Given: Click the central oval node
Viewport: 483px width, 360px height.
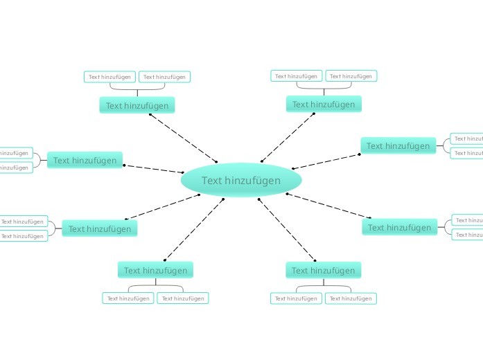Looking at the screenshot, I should click(x=241, y=181).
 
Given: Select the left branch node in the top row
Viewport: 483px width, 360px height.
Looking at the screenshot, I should click(x=137, y=105).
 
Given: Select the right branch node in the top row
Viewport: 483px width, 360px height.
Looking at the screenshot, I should click(x=324, y=105).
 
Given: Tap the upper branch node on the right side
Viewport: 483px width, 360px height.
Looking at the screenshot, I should click(x=398, y=146).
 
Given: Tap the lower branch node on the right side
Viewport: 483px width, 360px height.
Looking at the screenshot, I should click(x=400, y=228).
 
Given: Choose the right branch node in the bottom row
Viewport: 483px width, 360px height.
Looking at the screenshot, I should click(x=324, y=271).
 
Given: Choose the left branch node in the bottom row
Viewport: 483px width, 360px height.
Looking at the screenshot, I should click(x=156, y=271).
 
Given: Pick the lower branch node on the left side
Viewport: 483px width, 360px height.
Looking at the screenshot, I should click(x=100, y=229).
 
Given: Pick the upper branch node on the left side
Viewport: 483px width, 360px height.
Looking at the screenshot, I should click(x=85, y=161).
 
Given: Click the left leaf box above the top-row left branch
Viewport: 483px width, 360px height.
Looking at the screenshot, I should click(x=110, y=77).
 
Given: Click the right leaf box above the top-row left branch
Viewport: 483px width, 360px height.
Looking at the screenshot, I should click(x=165, y=77).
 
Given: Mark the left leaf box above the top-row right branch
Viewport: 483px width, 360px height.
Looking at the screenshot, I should click(x=297, y=76).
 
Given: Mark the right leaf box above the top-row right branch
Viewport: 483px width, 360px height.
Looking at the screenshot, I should click(x=351, y=76).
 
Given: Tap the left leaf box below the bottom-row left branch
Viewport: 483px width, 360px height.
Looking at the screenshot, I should click(x=129, y=298).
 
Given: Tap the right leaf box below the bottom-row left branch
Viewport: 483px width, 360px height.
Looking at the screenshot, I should click(x=183, y=298).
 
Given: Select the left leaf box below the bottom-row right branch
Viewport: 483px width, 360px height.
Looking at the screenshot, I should click(x=297, y=298).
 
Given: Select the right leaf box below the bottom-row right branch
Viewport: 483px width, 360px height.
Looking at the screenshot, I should click(x=351, y=298).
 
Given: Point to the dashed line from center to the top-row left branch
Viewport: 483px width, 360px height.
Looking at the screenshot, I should click(x=183, y=138).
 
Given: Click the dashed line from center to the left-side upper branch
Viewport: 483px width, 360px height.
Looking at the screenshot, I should click(x=154, y=169).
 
